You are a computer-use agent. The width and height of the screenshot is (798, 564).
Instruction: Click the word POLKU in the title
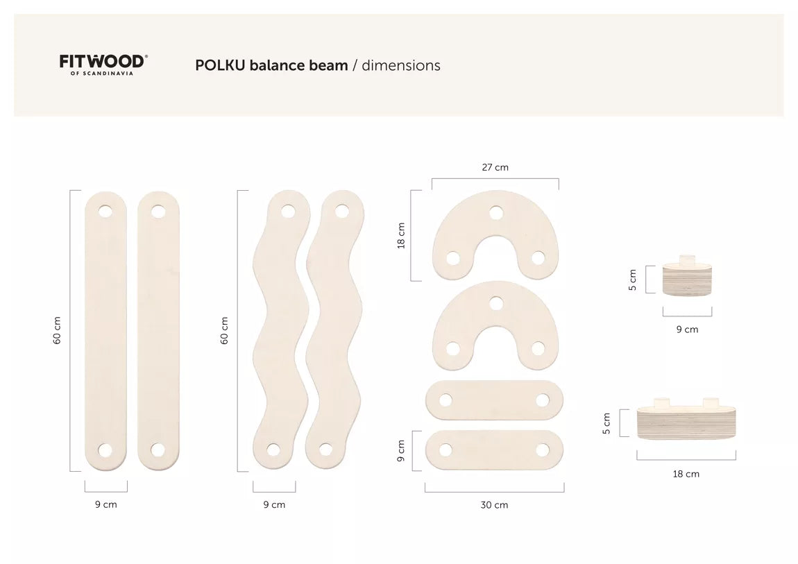[x=221, y=65]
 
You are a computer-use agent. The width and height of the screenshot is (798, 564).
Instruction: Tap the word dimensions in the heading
[x=401, y=65]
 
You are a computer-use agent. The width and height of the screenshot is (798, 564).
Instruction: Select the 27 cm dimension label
[x=495, y=167]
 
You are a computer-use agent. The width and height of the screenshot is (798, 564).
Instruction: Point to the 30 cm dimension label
[x=494, y=505]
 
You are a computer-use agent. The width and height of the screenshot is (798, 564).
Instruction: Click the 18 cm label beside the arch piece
[x=401, y=235]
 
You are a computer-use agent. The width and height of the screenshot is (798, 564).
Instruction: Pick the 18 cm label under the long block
[x=686, y=474]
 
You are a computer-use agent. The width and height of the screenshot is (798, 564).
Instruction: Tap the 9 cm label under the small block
[x=687, y=330]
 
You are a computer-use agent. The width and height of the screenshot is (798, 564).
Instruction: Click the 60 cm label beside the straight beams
[x=57, y=331]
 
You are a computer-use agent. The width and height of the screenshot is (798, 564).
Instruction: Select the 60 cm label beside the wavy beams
[x=224, y=331]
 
